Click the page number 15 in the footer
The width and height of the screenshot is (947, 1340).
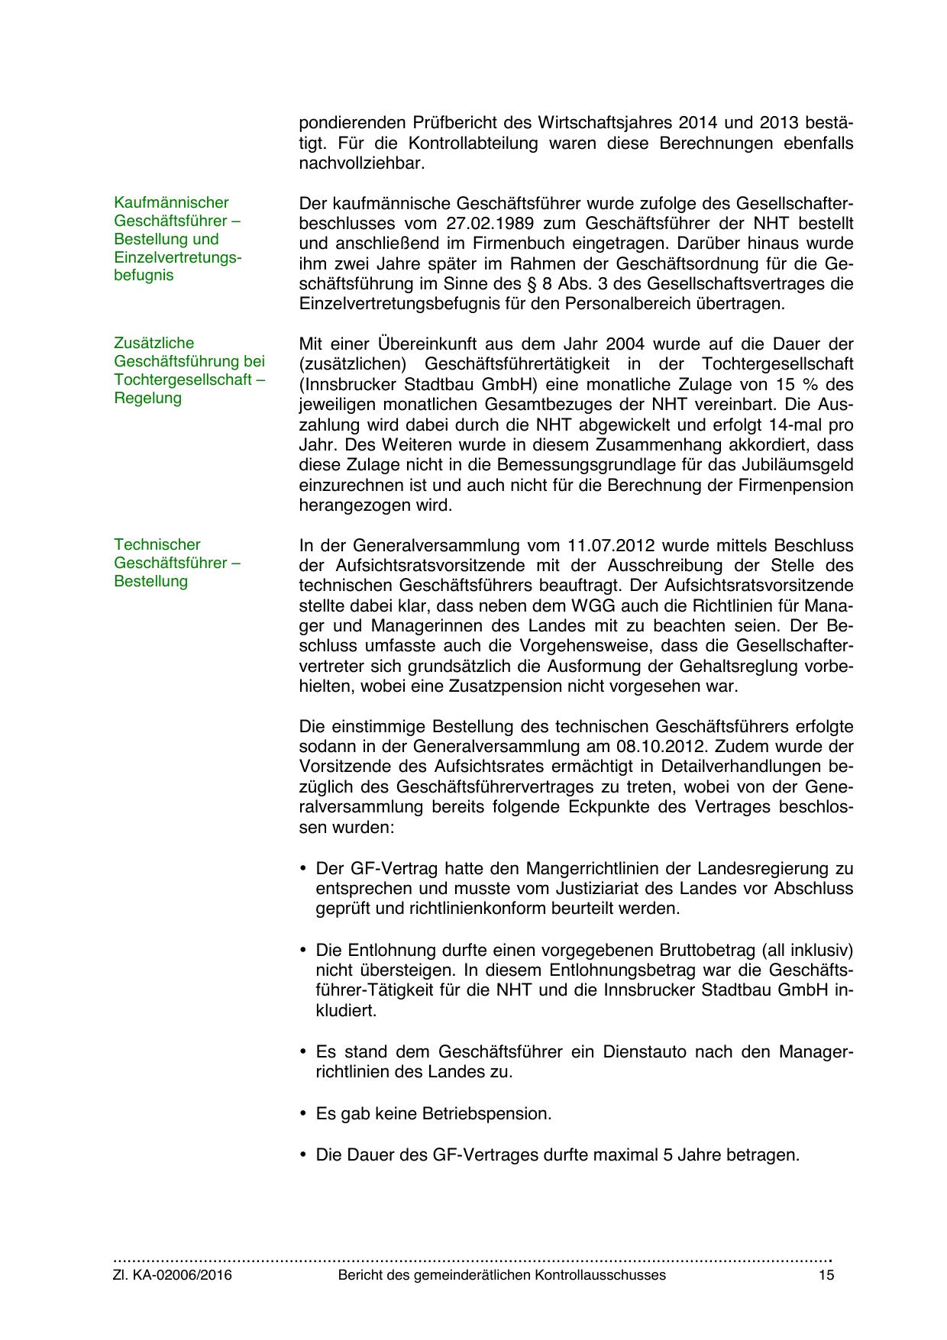(x=826, y=1275)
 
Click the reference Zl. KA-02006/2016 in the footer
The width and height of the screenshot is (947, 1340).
(x=173, y=1275)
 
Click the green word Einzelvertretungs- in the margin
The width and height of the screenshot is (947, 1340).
(x=177, y=257)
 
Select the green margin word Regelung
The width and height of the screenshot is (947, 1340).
(x=147, y=398)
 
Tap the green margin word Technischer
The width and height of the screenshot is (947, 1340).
(x=157, y=544)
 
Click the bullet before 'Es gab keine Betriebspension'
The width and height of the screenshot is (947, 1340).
(x=303, y=1114)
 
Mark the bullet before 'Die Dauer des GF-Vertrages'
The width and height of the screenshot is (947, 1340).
(x=303, y=1155)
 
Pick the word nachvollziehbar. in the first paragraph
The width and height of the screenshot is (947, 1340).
(x=361, y=163)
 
